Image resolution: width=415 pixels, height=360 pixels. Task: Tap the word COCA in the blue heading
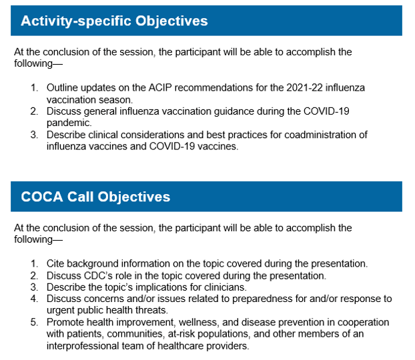click(42, 197)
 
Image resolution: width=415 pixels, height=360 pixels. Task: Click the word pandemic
click(69, 123)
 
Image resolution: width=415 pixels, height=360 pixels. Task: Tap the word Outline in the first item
click(63, 87)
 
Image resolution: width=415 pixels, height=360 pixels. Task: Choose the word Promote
click(66, 322)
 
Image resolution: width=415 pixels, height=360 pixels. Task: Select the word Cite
click(56, 263)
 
